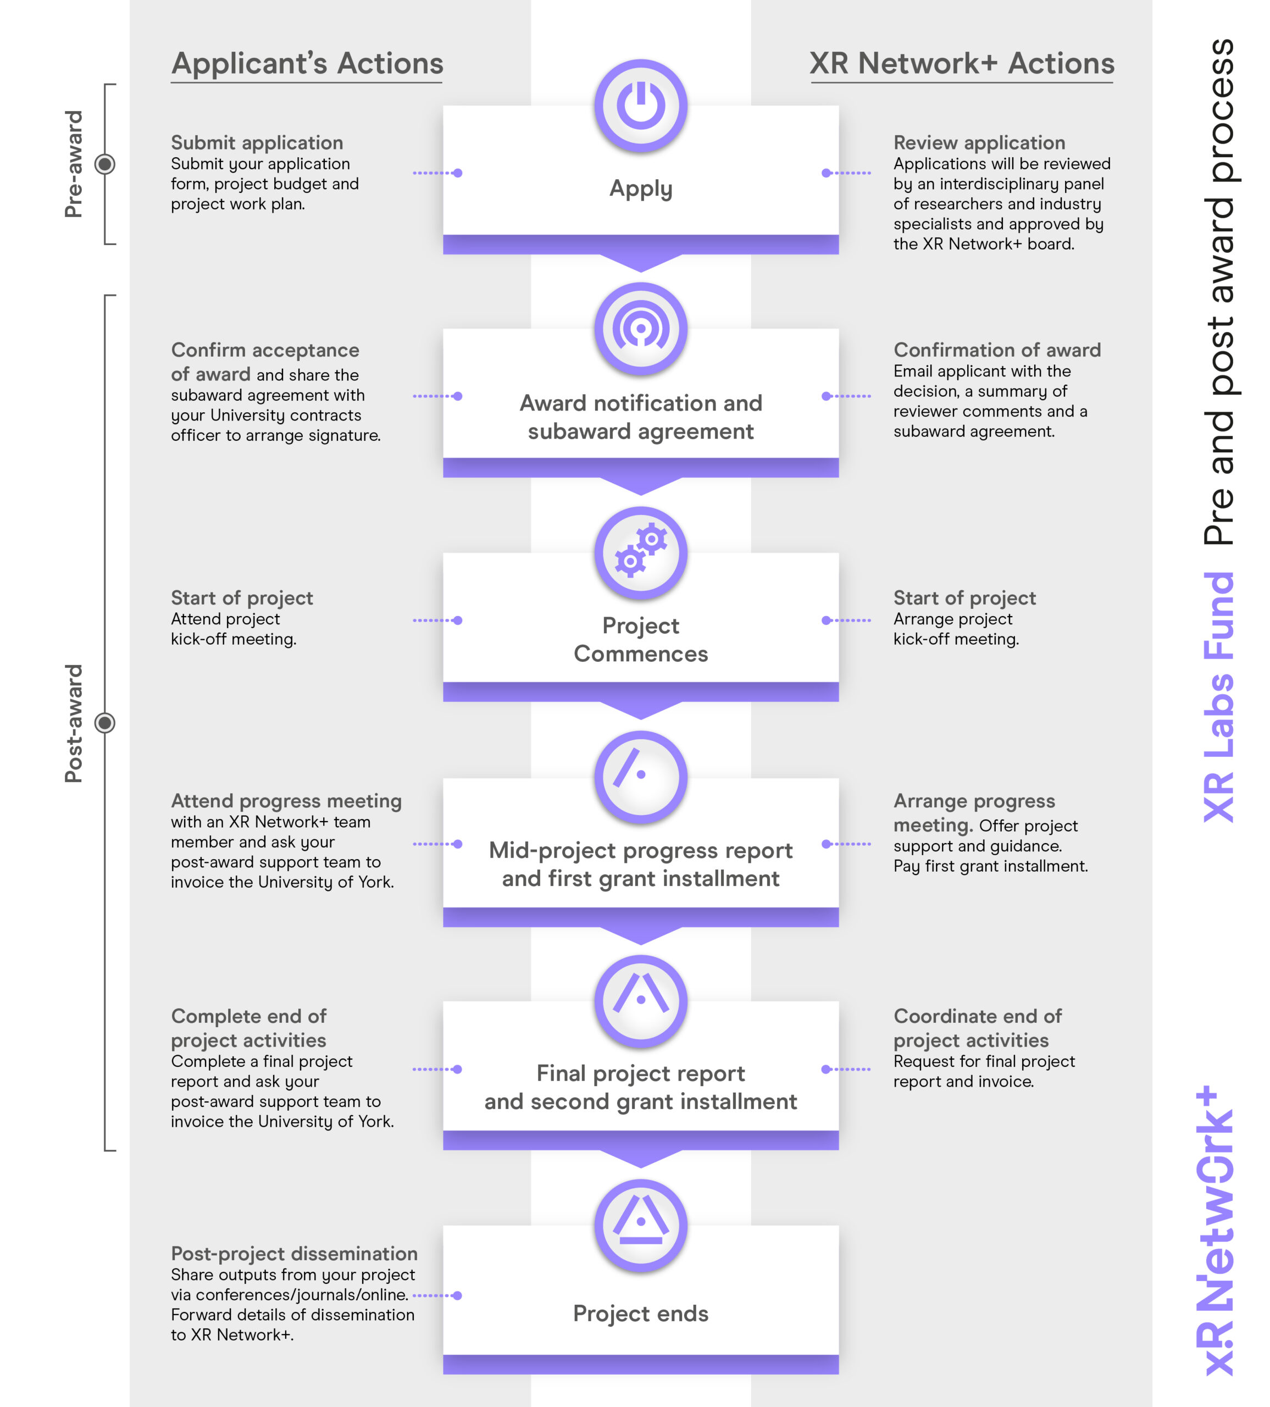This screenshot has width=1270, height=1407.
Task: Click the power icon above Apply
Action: (x=641, y=106)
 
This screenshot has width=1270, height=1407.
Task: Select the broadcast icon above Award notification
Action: (x=641, y=328)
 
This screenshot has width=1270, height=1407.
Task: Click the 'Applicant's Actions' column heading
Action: (x=307, y=64)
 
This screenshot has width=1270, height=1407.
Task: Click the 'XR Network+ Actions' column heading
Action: (x=962, y=64)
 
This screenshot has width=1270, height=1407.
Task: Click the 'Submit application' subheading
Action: (x=257, y=143)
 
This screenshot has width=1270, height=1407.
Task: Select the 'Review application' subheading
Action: (x=979, y=143)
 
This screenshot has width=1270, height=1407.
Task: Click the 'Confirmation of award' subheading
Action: (x=996, y=350)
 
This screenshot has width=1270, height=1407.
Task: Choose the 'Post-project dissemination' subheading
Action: (x=294, y=1254)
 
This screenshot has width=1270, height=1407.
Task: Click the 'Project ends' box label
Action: (x=641, y=1314)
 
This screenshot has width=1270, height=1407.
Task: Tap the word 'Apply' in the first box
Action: (x=641, y=189)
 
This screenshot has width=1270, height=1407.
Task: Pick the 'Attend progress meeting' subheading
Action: (x=286, y=801)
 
